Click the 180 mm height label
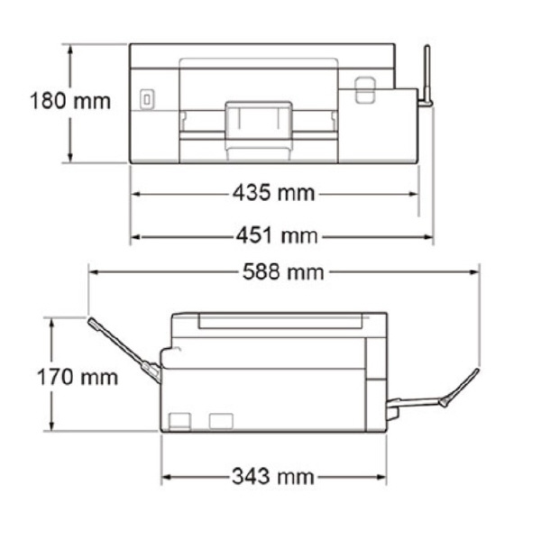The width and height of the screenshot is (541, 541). point(70,101)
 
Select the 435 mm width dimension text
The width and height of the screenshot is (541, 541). point(273,193)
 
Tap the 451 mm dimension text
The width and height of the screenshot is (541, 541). point(277,236)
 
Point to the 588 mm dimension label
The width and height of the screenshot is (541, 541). point(283,272)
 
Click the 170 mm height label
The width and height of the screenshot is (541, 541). point(78,377)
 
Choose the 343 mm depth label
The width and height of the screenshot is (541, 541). point(272,476)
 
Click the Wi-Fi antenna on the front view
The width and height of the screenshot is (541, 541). point(427,76)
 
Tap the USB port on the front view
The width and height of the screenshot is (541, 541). point(147,100)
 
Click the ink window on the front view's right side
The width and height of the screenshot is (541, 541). point(364,89)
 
